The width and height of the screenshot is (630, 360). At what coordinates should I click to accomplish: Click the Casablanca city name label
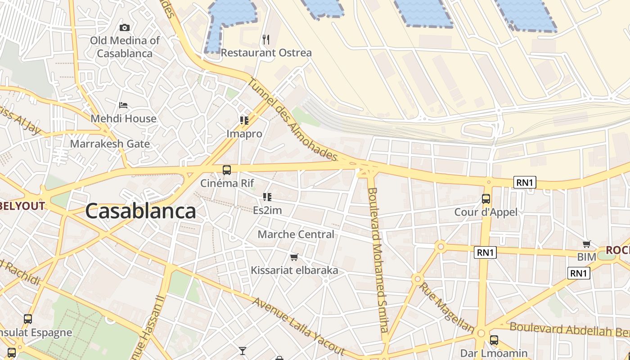140,211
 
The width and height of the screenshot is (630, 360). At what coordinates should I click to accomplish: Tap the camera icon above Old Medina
125,28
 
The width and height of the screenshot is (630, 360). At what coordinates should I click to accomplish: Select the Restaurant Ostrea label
266,53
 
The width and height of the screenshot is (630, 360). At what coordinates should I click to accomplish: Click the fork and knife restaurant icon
266,40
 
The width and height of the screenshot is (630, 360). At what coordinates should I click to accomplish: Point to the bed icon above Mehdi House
123,105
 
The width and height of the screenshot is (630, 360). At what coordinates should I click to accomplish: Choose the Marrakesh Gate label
110,144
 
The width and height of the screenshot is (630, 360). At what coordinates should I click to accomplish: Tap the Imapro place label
244,134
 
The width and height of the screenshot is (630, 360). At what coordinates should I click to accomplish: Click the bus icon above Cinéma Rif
227,170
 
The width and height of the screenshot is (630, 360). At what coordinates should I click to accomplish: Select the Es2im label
267,210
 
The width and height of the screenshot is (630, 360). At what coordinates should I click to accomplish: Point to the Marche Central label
296,234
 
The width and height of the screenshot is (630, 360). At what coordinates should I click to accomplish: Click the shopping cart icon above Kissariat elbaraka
294,257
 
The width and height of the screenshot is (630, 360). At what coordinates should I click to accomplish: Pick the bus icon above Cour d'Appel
486,199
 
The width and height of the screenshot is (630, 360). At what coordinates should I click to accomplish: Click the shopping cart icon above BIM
587,244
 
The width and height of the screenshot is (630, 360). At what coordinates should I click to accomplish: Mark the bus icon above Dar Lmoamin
494,340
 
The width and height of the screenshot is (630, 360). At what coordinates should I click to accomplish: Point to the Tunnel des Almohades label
292,119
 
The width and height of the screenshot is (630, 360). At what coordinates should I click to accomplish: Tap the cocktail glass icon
243,351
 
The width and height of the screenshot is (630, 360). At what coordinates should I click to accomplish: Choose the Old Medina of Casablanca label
125,47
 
